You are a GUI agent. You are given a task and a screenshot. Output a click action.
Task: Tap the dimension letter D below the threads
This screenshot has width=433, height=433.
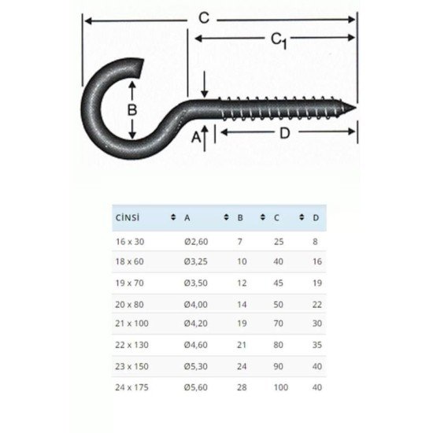tap(285, 132)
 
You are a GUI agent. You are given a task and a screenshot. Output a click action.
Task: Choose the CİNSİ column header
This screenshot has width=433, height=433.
tap(127, 216)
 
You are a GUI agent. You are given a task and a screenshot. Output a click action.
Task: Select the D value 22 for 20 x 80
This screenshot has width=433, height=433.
tap(316, 304)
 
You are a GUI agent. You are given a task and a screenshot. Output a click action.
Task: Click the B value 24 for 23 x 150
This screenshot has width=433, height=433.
tap(240, 365)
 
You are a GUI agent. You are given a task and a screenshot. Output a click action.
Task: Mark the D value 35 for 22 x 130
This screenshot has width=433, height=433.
tap(316, 345)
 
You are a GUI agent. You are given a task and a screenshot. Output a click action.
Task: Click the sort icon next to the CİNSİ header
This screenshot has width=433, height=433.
tap(173, 216)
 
